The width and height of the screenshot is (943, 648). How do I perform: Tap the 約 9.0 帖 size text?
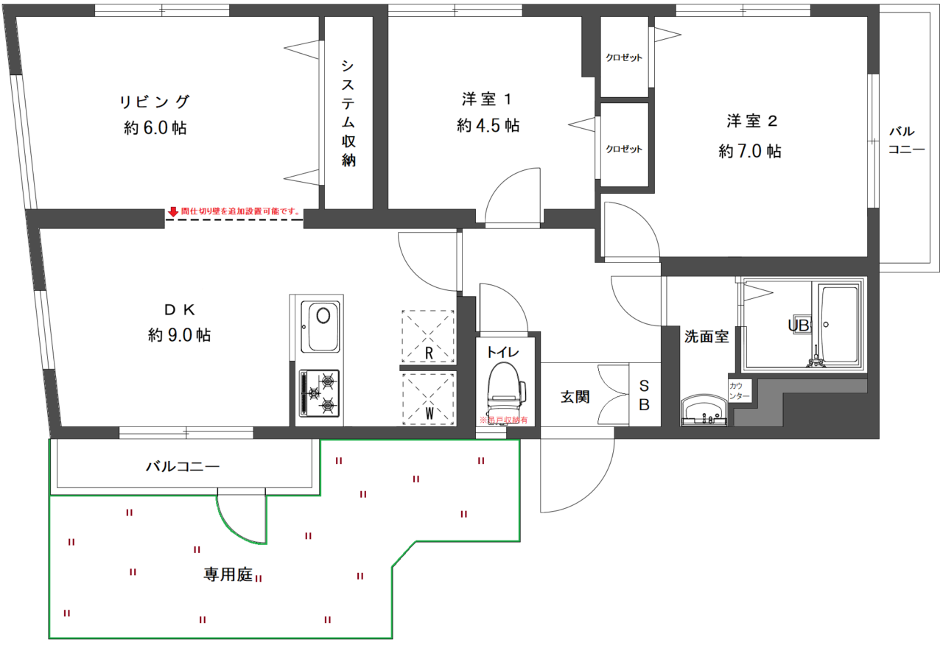pos(179,336)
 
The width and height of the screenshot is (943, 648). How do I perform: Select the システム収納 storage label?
pos(348,112)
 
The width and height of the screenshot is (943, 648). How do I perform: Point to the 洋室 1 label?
pos(486,99)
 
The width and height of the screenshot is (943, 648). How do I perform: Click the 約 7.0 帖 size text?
pos(750,152)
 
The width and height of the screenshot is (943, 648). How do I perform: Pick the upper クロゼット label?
pos(624,57)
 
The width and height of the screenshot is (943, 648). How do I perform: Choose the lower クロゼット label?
pos(624,149)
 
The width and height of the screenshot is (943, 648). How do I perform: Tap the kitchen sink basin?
pos(322,326)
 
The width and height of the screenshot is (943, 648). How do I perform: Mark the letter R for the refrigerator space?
pos(429,353)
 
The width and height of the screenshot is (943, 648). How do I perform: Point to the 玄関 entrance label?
pos(575,397)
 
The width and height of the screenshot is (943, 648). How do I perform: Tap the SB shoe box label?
pos(644,395)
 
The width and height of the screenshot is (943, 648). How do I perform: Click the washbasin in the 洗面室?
pos(704,409)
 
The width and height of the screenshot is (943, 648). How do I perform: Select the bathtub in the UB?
pos(838,324)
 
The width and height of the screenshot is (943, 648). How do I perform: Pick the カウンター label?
pos(740,391)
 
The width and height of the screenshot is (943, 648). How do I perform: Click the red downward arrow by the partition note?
pos(173,212)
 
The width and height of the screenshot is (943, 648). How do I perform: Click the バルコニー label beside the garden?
pos(183,466)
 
